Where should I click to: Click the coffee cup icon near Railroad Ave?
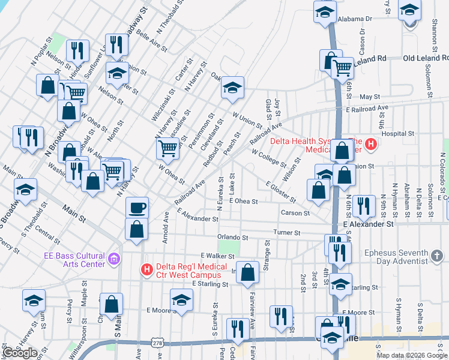coord(137,207)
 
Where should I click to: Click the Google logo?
coord(20,353)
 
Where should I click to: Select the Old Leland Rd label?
coord(426,58)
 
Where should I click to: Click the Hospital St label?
coord(397,134)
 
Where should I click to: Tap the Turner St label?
coord(288,232)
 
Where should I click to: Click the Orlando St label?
coord(233,238)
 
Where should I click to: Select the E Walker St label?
coord(217,256)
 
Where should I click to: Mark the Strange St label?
coord(268,255)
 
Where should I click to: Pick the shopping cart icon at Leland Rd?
coord(342,68)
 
